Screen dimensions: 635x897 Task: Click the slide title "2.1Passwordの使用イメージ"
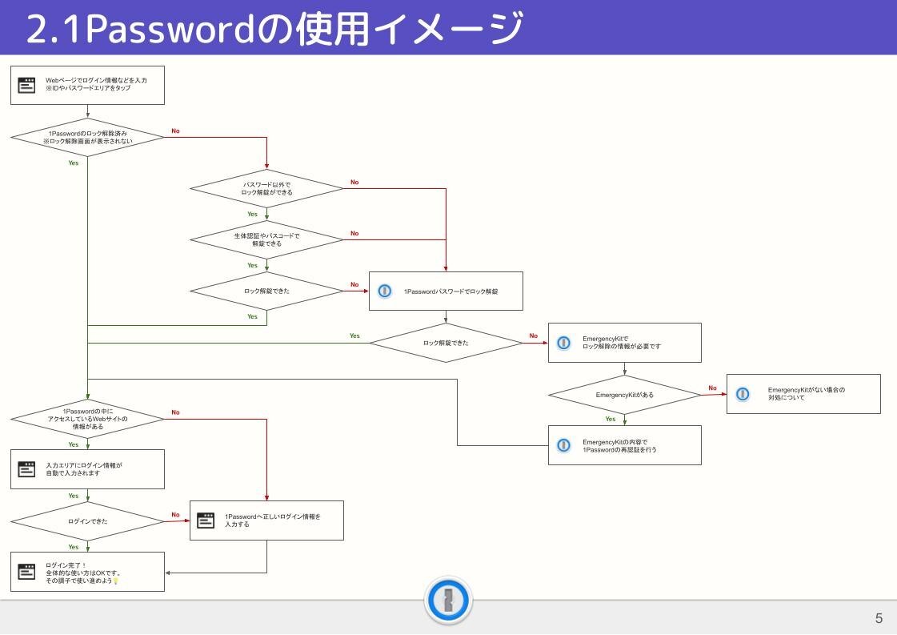(x=274, y=30)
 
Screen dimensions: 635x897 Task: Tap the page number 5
(x=879, y=618)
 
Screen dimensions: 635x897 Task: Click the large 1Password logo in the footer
(x=448, y=601)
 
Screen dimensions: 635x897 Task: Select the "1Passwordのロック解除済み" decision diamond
(x=87, y=137)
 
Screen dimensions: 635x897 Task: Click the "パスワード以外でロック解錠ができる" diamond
(x=266, y=189)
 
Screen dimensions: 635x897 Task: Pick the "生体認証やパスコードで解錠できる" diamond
(x=266, y=239)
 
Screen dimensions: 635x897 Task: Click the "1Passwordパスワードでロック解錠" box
(x=446, y=291)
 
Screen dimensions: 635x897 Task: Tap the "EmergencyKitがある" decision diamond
(x=624, y=395)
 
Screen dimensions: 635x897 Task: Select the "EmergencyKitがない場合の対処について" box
(x=803, y=394)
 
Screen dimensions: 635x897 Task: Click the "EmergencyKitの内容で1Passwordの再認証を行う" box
(x=624, y=445)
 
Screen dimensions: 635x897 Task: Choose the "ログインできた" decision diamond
(x=87, y=521)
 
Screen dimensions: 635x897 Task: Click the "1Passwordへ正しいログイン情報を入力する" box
(x=266, y=520)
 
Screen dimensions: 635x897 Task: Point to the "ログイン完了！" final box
(x=87, y=572)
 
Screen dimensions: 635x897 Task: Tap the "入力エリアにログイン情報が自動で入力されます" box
(x=87, y=469)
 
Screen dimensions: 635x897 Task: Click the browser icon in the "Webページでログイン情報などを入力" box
(x=27, y=85)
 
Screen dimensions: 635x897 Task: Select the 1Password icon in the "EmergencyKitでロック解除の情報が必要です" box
(x=564, y=343)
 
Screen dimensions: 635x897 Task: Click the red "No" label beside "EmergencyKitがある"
(x=712, y=388)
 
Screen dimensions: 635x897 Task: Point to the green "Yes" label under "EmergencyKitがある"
(x=611, y=419)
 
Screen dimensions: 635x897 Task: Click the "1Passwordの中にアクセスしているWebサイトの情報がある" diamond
(x=87, y=419)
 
